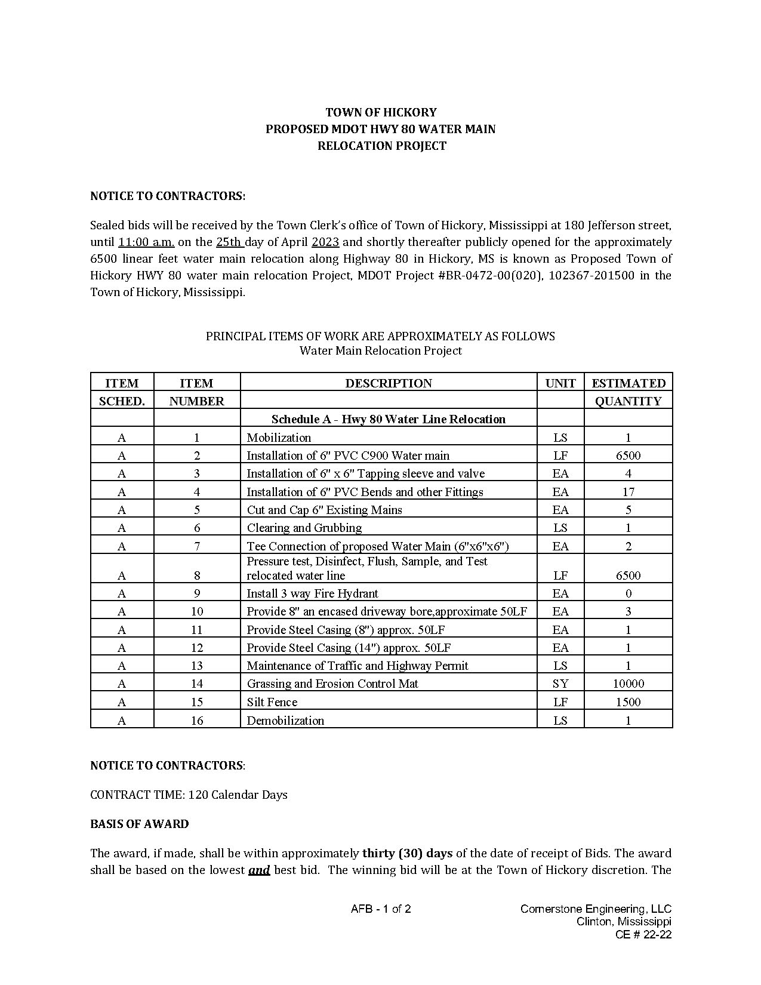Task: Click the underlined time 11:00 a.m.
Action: pos(146,242)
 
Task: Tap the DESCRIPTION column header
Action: pos(389,383)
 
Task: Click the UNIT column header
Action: pos(560,383)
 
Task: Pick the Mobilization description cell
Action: pos(279,438)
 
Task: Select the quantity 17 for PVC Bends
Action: pos(628,492)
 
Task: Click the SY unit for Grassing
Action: pos(560,684)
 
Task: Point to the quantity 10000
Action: pos(628,684)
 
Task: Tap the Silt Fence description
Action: pos(272,702)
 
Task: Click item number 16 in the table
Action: pos(197,721)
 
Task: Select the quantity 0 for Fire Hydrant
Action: pos(628,593)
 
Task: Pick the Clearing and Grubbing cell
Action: pos(304,528)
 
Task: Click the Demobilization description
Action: pos(285,721)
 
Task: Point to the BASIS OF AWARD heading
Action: pos(140,824)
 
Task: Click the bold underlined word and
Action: pos(259,870)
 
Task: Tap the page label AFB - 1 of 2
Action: pos(381,909)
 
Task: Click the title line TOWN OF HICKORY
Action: pos(381,112)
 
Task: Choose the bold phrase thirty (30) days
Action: pos(408,853)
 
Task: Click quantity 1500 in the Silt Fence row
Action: pos(628,702)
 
